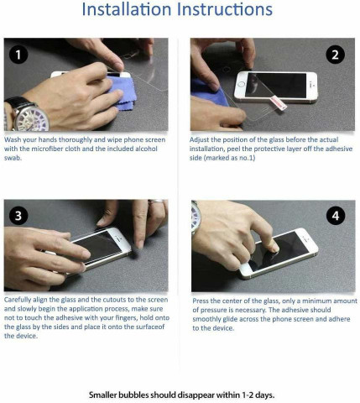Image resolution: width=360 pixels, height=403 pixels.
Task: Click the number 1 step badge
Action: (18, 55)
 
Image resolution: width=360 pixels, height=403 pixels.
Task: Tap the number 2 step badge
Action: (336, 55)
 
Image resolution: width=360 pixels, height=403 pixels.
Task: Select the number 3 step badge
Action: (18, 216)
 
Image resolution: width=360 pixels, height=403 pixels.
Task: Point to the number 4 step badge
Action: (336, 216)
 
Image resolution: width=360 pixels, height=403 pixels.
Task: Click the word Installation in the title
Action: (126, 9)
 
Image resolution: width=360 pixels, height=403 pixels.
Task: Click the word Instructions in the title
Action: (225, 9)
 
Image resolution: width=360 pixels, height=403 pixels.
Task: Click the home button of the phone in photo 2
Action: (241, 84)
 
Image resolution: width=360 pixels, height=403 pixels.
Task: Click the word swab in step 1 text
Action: (13, 158)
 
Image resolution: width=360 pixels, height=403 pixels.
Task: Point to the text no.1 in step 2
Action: (246, 158)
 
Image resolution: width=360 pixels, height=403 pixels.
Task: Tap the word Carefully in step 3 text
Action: (18, 300)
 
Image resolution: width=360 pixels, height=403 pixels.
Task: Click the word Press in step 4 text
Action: (201, 301)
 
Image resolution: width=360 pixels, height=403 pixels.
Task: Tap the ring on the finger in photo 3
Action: (155, 201)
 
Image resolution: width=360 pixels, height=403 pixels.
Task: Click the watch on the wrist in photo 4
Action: (196, 217)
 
